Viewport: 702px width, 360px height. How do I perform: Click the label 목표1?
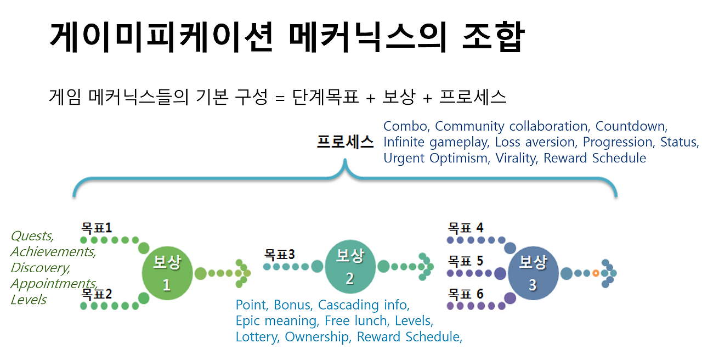click(x=97, y=227)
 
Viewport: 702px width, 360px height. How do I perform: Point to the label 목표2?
click(x=97, y=294)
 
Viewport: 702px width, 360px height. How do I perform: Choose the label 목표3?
click(x=280, y=255)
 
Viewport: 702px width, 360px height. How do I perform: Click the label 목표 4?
click(x=466, y=227)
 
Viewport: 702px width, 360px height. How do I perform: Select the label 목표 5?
click(x=466, y=260)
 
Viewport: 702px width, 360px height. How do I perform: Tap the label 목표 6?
click(x=466, y=294)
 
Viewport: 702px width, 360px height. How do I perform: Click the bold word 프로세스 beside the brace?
click(x=345, y=143)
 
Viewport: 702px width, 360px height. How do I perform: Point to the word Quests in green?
click(x=32, y=236)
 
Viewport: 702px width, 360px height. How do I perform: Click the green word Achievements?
click(x=53, y=252)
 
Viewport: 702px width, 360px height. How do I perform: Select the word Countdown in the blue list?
click(x=631, y=126)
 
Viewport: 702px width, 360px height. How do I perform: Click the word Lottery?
click(x=257, y=337)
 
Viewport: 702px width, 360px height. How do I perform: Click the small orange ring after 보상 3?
click(x=596, y=273)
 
